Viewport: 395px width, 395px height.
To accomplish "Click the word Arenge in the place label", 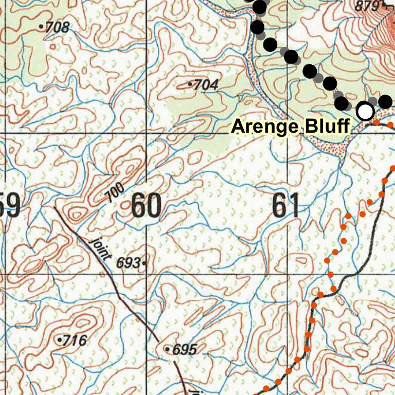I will click(264, 126).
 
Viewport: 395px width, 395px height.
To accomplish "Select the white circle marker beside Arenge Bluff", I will click(365, 111).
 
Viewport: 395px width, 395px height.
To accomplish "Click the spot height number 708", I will click(57, 27).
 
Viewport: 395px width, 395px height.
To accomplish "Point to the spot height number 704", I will click(206, 85).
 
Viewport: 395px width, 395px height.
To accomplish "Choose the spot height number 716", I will click(75, 340).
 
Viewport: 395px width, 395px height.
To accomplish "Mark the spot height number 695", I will click(185, 350).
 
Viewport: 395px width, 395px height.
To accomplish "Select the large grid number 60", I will click(146, 206).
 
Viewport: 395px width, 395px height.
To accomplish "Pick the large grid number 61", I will click(286, 206).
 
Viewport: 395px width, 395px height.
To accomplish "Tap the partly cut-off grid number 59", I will click(10, 206).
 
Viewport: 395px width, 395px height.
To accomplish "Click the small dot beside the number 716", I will click(60, 340).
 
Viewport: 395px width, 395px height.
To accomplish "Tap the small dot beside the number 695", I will click(168, 349).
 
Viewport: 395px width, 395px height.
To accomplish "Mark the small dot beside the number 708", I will click(42, 25).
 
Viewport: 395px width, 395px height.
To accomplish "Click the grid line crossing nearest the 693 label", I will click(147, 275).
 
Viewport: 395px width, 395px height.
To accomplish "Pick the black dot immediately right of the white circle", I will click(385, 102).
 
